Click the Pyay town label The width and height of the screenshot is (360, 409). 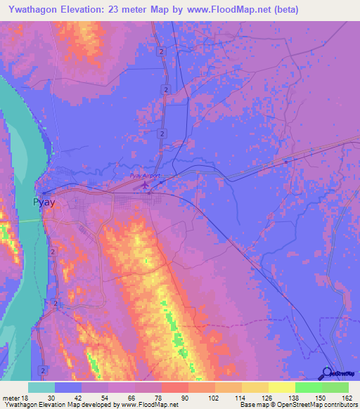point(44,202)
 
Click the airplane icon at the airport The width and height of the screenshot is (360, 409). point(146,185)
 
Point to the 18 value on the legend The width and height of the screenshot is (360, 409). point(25,398)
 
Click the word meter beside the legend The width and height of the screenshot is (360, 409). point(11,398)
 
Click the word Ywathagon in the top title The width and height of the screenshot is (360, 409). point(34,10)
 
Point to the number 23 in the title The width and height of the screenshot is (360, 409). point(117,10)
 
